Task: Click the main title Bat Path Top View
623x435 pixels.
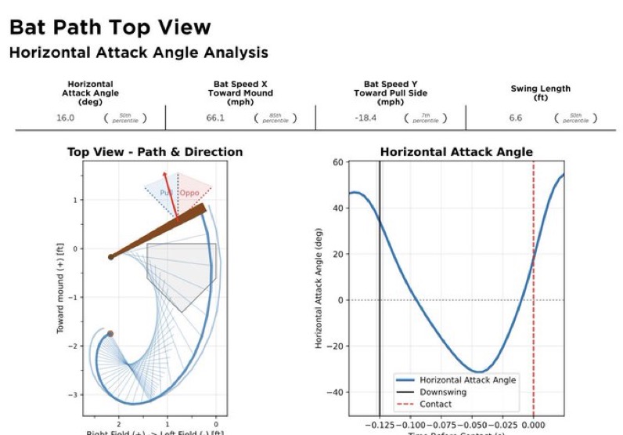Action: (110, 27)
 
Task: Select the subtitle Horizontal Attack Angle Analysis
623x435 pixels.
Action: (138, 53)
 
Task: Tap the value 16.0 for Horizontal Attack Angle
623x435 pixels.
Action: (65, 118)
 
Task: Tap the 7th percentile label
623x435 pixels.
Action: (425, 118)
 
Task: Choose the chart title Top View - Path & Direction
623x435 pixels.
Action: (155, 152)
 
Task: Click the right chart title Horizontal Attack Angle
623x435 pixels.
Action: (456, 152)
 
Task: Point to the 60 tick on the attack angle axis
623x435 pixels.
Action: (339, 162)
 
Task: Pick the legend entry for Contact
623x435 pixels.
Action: (435, 404)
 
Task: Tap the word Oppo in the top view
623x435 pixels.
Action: (190, 193)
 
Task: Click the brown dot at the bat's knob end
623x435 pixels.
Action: (111, 256)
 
